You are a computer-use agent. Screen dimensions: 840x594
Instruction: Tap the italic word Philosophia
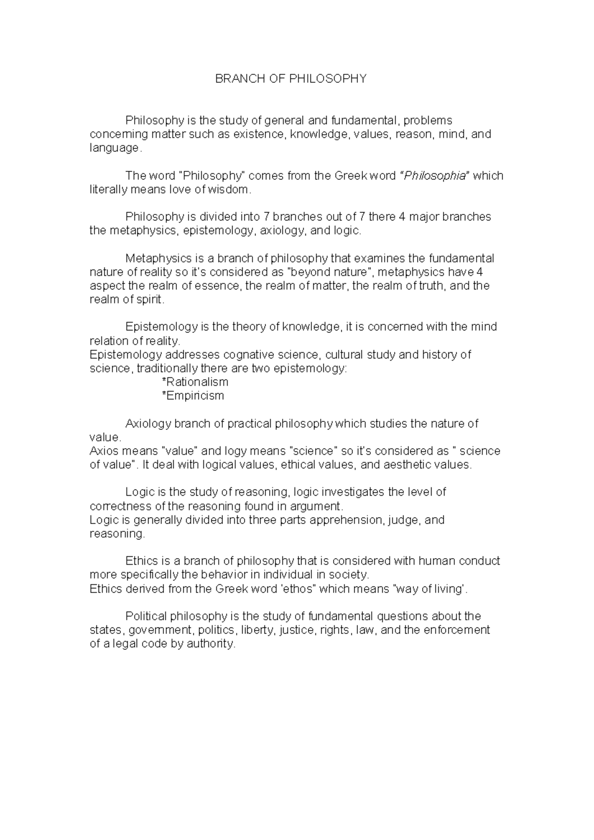[435, 176]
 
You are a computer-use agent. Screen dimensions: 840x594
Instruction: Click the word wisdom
[233, 190]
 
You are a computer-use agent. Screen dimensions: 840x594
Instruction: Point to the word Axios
[103, 451]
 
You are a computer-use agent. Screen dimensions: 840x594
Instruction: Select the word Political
[147, 616]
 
